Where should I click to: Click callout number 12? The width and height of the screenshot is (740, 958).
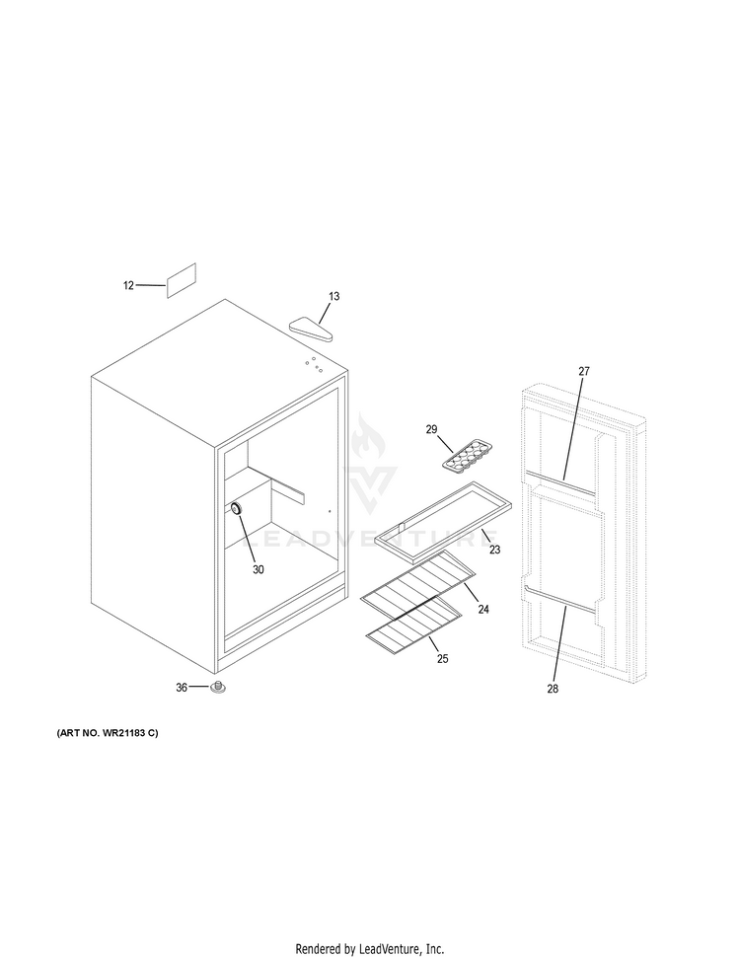[128, 285]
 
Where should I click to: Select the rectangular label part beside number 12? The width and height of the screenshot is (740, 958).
[181, 280]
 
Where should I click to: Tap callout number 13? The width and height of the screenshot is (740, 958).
[334, 296]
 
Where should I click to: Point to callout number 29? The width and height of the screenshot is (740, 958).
[431, 429]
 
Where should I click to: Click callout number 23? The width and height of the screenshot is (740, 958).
[494, 550]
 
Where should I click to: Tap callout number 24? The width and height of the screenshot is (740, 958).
[483, 610]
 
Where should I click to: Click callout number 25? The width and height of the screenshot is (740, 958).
[442, 658]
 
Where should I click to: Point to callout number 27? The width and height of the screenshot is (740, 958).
[583, 371]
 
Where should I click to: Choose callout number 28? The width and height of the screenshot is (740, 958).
[553, 689]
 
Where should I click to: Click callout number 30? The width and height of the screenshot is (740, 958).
[259, 569]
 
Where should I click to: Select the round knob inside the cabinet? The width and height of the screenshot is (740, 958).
[237, 507]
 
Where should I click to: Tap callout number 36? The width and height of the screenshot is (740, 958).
[182, 688]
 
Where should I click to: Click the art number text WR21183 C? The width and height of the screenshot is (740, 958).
[101, 737]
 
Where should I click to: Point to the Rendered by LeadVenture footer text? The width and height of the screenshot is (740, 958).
[370, 948]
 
